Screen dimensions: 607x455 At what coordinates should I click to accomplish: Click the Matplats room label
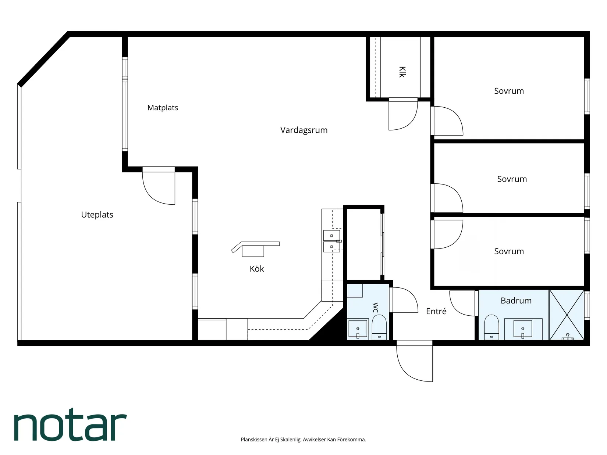tap(163, 107)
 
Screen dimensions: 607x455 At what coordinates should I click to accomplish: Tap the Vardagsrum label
tap(303, 130)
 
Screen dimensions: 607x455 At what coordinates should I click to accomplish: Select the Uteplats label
tap(97, 215)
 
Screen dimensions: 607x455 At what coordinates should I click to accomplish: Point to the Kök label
tap(257, 269)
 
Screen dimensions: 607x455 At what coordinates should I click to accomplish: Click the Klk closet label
tap(402, 72)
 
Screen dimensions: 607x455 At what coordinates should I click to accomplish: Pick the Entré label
tap(436, 311)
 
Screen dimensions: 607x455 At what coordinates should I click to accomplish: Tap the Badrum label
tap(516, 301)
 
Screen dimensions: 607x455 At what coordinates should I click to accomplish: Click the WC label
tap(375, 308)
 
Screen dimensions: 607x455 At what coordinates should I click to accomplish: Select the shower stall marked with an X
tap(567, 315)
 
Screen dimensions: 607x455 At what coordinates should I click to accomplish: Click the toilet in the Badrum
tap(491, 327)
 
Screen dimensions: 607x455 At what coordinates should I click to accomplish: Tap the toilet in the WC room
tap(379, 327)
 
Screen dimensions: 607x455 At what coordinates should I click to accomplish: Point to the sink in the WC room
tap(358, 329)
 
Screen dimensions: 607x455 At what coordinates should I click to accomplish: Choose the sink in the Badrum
tap(522, 329)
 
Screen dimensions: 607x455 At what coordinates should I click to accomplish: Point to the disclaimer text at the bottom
tap(303, 439)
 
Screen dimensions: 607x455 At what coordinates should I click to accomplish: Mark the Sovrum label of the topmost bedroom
tap(509, 91)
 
